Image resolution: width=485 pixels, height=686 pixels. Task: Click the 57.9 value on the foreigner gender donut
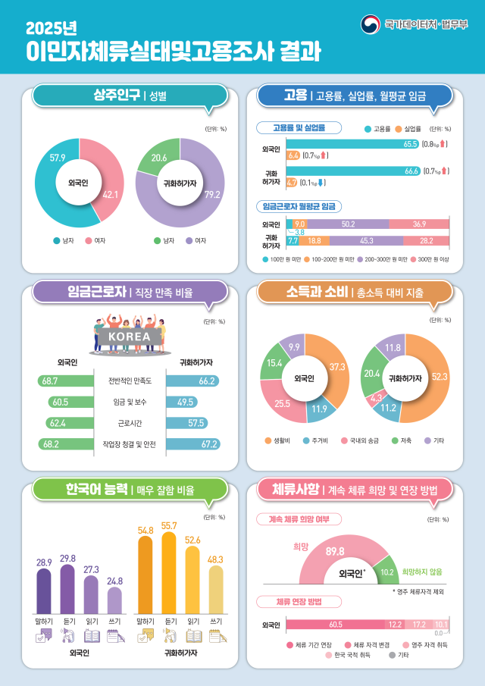point(57,158)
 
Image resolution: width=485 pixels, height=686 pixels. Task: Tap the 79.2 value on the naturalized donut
point(211,195)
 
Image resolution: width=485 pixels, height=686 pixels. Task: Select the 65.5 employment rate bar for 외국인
point(353,143)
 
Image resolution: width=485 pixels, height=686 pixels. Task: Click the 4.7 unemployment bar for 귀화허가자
point(292,183)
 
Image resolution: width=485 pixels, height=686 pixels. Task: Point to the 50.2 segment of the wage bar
point(349,224)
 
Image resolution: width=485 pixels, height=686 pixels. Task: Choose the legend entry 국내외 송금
point(365,440)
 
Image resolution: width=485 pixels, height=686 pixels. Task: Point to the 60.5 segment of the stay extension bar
point(336,625)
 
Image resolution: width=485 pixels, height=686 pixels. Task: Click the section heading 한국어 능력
point(95,490)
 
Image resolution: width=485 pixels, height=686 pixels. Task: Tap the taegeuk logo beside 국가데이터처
point(371,25)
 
